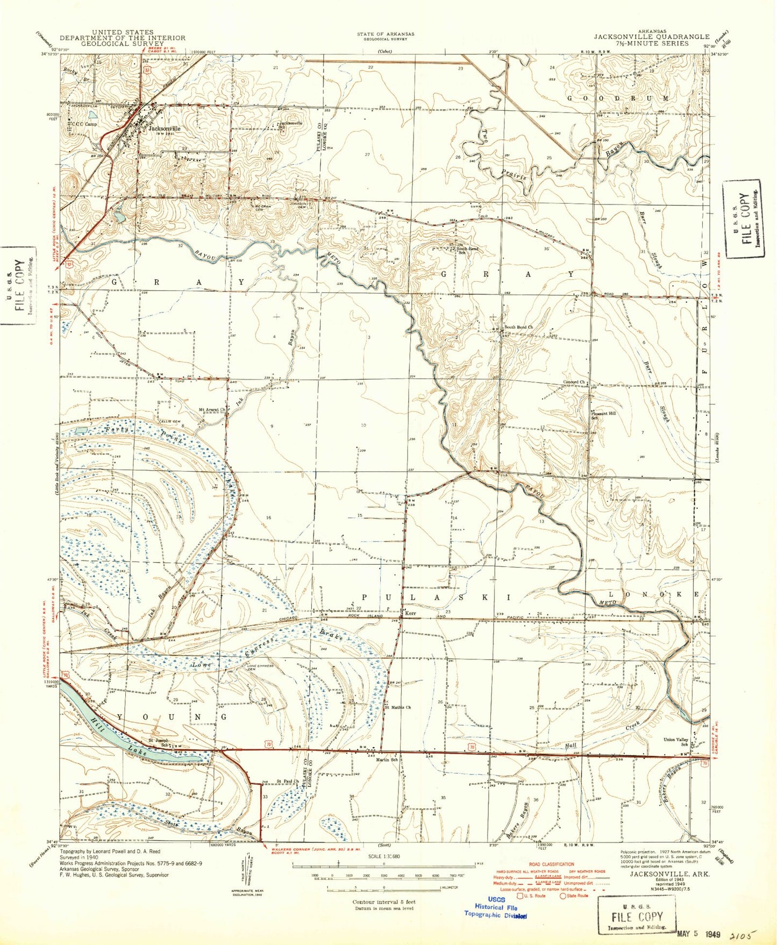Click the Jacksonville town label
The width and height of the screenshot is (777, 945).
(x=165, y=129)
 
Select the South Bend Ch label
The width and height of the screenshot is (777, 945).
(x=518, y=327)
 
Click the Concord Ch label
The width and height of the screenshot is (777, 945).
(x=574, y=382)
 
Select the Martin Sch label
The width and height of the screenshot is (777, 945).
(x=387, y=759)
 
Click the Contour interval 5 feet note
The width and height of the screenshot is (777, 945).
(x=383, y=902)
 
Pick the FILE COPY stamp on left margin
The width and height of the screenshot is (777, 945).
(x=18, y=286)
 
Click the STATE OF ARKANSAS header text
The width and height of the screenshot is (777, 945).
(x=386, y=34)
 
